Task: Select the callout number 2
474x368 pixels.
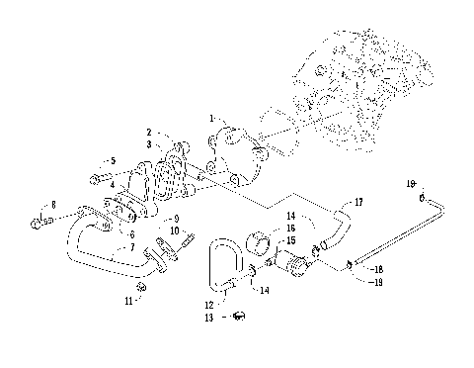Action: point(149,132)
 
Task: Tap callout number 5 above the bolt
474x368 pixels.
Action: point(112,160)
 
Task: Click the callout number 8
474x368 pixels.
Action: point(53,204)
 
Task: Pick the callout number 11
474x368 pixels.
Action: point(127,298)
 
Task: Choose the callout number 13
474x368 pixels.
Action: point(208,319)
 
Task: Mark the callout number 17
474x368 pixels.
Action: point(358,202)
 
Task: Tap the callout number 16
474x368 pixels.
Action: point(289,228)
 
